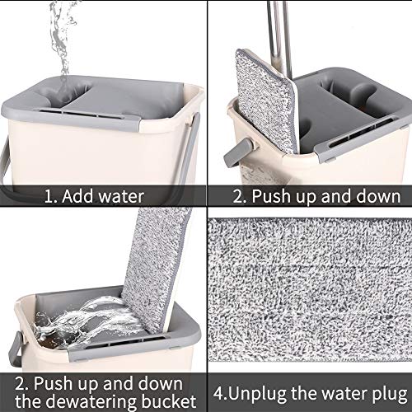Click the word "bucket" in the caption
168,400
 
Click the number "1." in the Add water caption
51,197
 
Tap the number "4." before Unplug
221,394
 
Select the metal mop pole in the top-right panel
279,35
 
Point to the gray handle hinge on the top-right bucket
239,152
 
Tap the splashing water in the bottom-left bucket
88,321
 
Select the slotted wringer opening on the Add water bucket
82,114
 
